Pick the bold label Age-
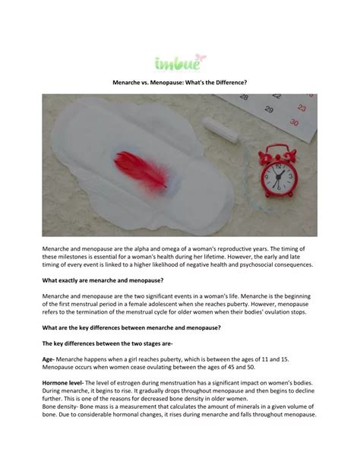pos(48,357)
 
